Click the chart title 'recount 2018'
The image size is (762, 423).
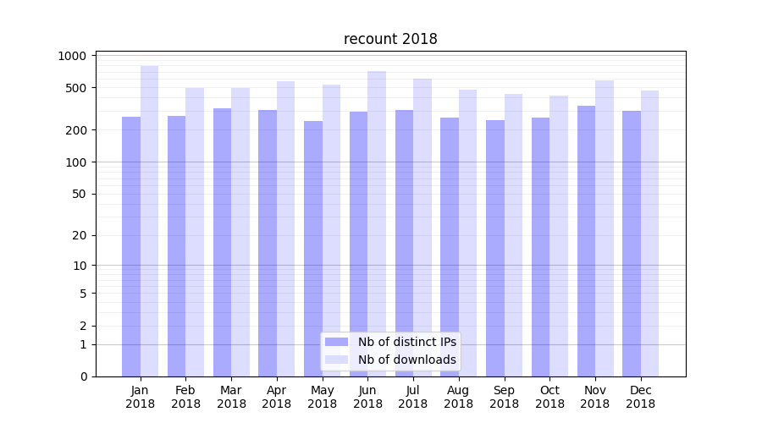(x=390, y=39)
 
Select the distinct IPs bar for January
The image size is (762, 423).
(x=131, y=246)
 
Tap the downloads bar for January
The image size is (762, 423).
(x=149, y=221)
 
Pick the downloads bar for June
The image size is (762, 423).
(x=377, y=223)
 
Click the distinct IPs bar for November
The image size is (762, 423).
(x=586, y=241)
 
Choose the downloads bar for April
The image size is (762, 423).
(x=285, y=228)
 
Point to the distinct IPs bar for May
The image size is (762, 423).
(x=313, y=249)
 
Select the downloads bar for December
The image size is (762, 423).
(x=649, y=233)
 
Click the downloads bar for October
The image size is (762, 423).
(x=559, y=236)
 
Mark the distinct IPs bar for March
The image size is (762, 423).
(x=222, y=242)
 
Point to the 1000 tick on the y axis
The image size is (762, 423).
(x=72, y=56)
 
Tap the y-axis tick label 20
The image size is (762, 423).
(x=79, y=235)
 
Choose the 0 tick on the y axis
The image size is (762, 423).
(x=82, y=376)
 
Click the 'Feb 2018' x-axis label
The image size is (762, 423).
(x=185, y=397)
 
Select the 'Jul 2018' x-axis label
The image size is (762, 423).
(x=413, y=397)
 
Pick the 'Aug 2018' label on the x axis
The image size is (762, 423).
(x=458, y=397)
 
